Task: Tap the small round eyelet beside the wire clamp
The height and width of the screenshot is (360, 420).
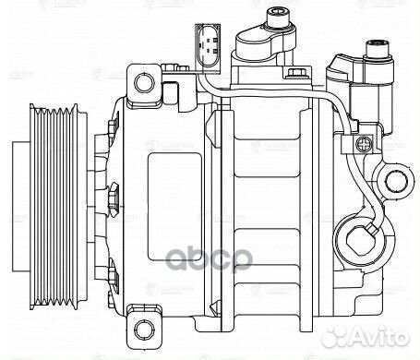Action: point(397,179)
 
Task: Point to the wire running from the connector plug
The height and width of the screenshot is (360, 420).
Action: point(277,93)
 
